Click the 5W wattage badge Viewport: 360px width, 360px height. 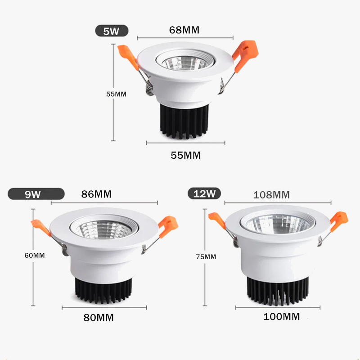coord(112,31)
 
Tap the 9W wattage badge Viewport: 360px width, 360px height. coord(36,194)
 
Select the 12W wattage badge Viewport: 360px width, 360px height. coord(204,193)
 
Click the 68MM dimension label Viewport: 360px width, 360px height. coord(184,30)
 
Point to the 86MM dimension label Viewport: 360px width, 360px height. coord(96,194)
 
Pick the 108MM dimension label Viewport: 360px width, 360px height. coord(271,195)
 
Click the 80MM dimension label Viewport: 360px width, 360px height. coord(99,318)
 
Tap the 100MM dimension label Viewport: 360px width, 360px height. coord(282,317)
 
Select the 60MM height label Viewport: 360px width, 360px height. coord(35,256)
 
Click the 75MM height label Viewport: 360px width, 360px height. coord(206,257)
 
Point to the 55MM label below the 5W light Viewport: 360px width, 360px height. coord(186,155)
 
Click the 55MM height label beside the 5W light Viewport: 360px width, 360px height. coord(116,94)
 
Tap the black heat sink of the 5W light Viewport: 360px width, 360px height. coord(184,121)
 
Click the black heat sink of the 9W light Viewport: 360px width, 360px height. coord(103,290)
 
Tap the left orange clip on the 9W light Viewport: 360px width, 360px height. coord(41,227)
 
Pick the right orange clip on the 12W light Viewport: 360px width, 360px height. coord(339,221)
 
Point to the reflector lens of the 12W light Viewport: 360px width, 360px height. coord(278,224)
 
